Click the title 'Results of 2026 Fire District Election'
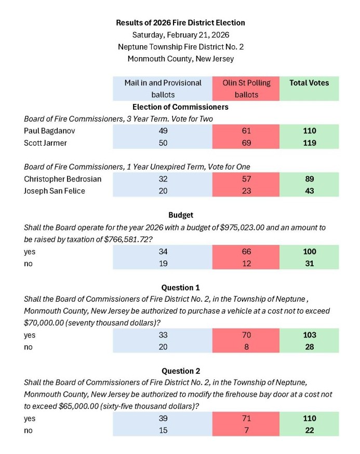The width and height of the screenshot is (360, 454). click(180, 23)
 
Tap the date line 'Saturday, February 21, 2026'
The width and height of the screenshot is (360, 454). click(180, 35)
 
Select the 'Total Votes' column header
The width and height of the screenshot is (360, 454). click(309, 83)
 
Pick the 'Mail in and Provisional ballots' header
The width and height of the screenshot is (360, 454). click(163, 88)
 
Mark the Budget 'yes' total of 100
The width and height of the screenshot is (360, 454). click(309, 252)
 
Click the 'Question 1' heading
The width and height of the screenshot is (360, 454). click(180, 288)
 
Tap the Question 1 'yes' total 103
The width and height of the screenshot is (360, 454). click(309, 335)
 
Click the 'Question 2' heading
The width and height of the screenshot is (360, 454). click(180, 371)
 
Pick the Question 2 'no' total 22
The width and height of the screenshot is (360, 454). click(309, 431)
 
